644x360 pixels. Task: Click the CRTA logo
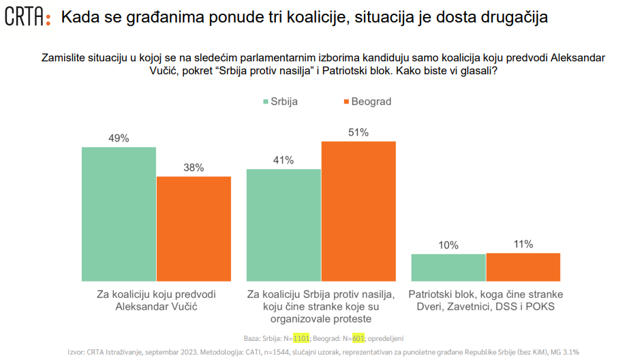click(27, 18)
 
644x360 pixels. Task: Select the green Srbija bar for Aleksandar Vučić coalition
click(119, 214)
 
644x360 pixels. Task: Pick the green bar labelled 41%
click(283, 225)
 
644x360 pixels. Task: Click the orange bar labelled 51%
click(358, 211)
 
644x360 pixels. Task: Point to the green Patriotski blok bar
click(448, 267)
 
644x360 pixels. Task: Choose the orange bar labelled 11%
click(523, 267)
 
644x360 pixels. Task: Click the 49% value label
click(119, 138)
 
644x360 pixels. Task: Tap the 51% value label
click(358, 132)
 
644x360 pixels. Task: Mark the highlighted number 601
click(359, 337)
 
